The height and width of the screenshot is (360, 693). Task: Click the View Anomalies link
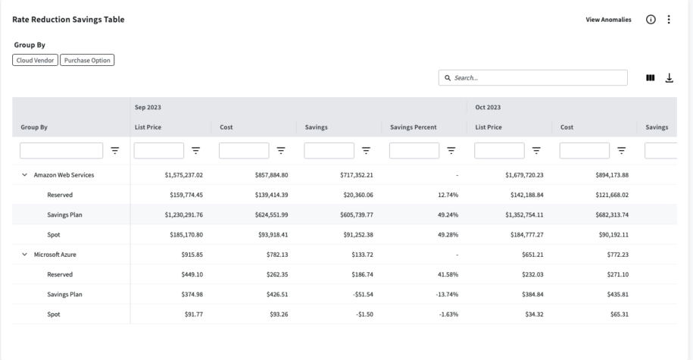coord(608,20)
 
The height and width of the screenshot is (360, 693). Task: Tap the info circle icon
coord(650,20)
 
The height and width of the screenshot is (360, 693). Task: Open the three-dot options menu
coord(669,20)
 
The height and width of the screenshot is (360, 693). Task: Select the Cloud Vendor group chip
coord(35,60)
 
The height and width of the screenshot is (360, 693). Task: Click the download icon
coord(669,77)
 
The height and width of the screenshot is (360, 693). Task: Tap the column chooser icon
coord(650,77)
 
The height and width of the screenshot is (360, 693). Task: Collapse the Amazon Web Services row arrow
coord(25,175)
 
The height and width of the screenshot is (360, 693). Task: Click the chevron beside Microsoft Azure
coord(25,255)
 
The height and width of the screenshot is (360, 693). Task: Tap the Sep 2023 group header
coord(147,108)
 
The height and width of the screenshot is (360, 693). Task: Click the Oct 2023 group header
coord(488,108)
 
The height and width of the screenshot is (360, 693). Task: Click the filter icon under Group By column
coord(115,151)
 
